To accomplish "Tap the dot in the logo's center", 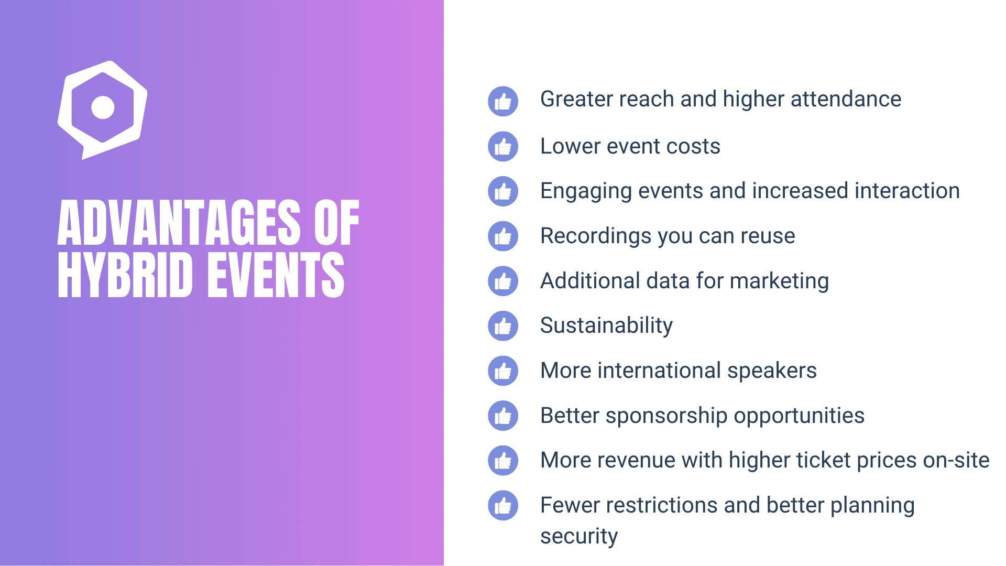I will coord(103,107).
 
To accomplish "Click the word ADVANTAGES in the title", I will coord(179,223).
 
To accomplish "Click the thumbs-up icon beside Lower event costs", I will coord(503,146).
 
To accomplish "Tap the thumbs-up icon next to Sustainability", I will coord(503,326).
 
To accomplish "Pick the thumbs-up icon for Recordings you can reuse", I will coord(503,236).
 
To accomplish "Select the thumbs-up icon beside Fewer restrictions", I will coord(503,505).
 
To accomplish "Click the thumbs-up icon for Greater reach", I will coord(503,101).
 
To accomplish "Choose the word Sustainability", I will coord(606,325).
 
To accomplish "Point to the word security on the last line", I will coord(579,536).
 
